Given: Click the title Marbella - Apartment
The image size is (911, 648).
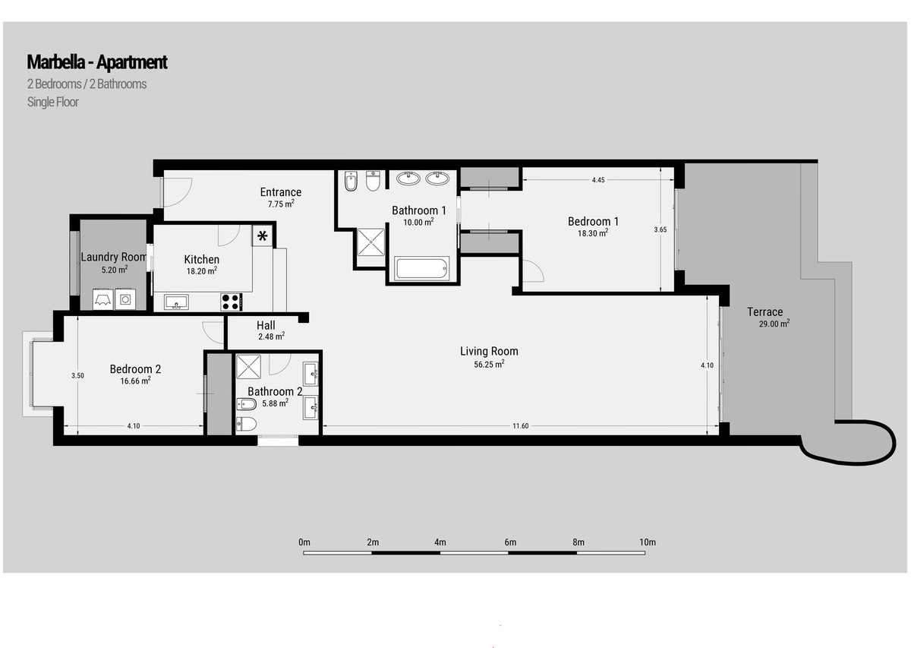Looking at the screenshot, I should click(96, 62).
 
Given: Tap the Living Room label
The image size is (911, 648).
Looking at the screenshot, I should click(489, 351).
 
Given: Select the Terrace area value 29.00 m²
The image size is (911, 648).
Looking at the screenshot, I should click(774, 324).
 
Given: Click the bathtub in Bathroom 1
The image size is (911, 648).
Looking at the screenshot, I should click(421, 268).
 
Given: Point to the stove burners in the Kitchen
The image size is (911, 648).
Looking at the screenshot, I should click(231, 302).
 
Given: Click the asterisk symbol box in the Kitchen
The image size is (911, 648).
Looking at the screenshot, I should click(263, 236).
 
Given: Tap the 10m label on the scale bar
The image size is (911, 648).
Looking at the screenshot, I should click(647, 542).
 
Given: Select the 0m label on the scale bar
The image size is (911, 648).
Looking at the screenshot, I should click(304, 542).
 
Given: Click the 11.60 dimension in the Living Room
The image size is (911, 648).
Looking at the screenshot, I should click(520, 426).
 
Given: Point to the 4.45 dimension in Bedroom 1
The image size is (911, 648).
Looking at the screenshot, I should click(598, 180).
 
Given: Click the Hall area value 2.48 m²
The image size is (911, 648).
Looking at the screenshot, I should click(270, 336).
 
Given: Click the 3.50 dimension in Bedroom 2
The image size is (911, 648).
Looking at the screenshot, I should click(77, 375).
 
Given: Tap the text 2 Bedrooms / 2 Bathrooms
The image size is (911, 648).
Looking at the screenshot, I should click(87, 84).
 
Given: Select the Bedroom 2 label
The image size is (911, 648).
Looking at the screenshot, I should click(135, 369).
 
